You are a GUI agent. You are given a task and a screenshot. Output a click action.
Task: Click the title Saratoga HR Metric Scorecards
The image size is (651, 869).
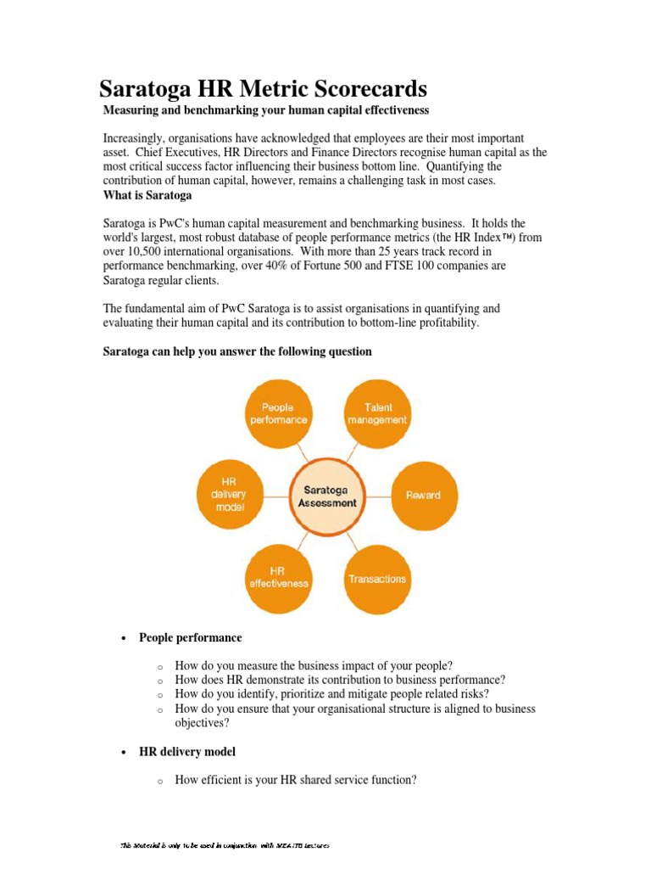[264, 88]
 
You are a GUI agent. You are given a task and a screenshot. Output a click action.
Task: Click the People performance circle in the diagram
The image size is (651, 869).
[279, 413]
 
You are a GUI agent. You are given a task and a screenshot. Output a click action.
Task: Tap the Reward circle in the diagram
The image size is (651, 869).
[423, 495]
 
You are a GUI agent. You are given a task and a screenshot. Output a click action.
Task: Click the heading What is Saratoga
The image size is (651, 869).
[147, 196]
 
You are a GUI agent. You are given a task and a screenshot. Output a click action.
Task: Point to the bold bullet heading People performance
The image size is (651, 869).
[190, 637]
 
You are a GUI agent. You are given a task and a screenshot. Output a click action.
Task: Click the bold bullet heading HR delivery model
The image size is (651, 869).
[187, 752]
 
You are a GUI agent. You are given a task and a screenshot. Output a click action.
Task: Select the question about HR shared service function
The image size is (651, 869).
[295, 780]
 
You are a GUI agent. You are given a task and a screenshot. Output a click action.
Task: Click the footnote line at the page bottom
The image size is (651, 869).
[225, 845]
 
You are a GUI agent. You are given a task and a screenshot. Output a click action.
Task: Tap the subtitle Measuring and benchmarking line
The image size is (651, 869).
[265, 110]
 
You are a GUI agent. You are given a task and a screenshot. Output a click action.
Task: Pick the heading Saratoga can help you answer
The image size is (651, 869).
[236, 351]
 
